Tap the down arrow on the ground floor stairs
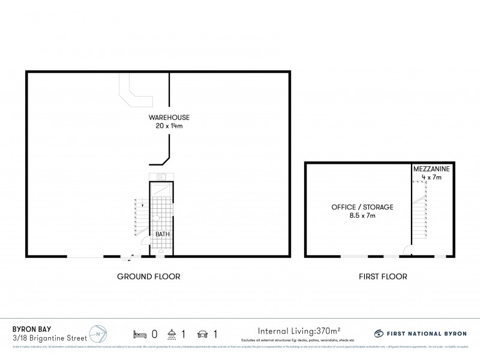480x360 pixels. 143,205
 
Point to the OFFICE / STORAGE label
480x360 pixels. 362,207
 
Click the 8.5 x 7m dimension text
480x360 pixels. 362,215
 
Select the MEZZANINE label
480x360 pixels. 431,170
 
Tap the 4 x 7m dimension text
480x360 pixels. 431,178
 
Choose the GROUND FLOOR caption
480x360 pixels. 149,277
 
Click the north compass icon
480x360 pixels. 98,332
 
